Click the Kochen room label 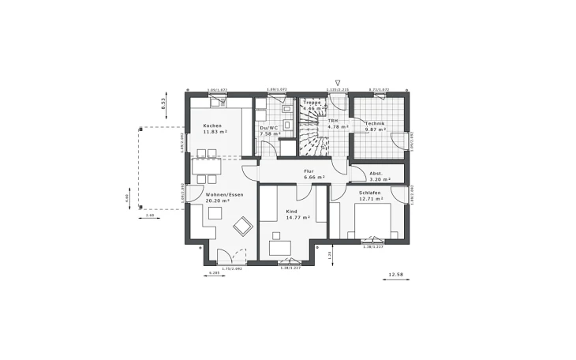(212, 126)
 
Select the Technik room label (374, 124)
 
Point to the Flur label (309, 171)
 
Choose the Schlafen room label (369, 193)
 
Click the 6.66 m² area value (315, 178)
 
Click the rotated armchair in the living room (239, 227)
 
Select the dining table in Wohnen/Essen (208, 167)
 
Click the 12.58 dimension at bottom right (394, 275)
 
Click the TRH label (333, 121)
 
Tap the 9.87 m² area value (375, 130)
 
